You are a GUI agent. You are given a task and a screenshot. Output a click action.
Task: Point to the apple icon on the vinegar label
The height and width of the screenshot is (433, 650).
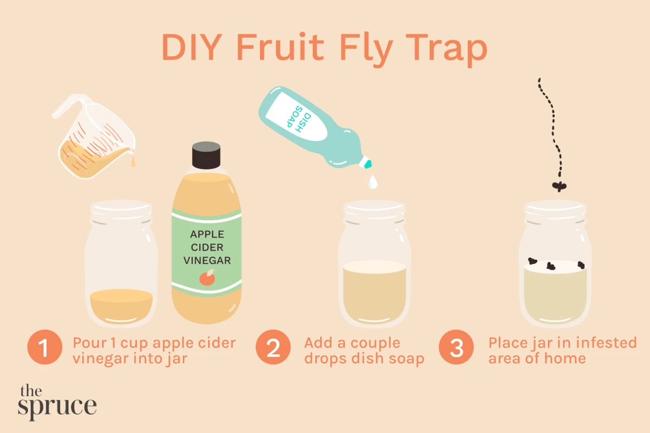pos(206,279)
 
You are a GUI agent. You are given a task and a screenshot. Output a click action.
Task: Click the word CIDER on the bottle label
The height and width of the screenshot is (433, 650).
pos(206,247)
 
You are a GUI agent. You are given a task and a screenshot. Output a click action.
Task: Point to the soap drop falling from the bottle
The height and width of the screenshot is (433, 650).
pos(372,183)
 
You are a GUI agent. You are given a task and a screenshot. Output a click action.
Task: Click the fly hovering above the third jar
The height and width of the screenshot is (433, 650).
pos(558,187)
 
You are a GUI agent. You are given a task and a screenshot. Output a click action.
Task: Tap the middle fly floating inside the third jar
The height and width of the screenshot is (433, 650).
pos(552,266)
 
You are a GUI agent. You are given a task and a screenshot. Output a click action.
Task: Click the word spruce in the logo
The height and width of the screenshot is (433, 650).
pos(57,406)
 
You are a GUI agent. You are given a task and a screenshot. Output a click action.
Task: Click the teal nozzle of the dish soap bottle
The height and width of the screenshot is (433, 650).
pos(368,163)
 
